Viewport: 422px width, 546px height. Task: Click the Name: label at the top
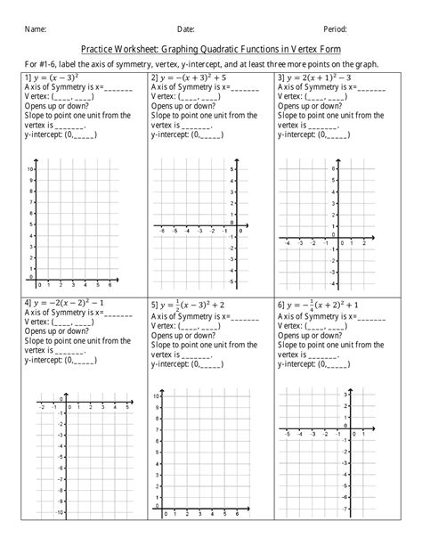coord(35,29)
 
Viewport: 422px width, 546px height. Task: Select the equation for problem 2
coord(191,78)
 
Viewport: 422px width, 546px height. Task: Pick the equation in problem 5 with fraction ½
coord(192,305)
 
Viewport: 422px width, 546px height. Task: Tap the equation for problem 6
coord(326,305)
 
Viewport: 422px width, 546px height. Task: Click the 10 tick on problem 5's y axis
coord(157,395)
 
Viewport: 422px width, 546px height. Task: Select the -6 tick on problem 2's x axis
coord(162,230)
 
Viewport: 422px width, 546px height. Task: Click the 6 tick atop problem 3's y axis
coord(334,168)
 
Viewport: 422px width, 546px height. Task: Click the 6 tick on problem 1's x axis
coord(110,285)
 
